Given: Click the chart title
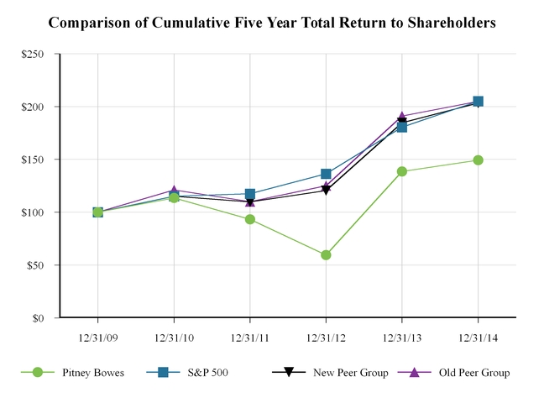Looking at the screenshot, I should click(x=272, y=22).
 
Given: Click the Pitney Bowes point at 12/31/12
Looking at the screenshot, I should click(x=326, y=254).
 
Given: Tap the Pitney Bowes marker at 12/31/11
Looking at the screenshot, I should click(x=250, y=219).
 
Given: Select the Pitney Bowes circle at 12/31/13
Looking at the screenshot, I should click(x=402, y=171).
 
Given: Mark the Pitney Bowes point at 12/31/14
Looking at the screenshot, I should click(x=478, y=160).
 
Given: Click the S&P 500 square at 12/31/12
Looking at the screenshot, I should click(x=326, y=174).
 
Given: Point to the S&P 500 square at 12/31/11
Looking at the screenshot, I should click(x=250, y=194).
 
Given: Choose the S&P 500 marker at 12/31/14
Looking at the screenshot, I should click(x=478, y=102).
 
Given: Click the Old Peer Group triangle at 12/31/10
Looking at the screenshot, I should click(x=174, y=191).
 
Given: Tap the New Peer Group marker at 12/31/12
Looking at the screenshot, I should click(x=326, y=191).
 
